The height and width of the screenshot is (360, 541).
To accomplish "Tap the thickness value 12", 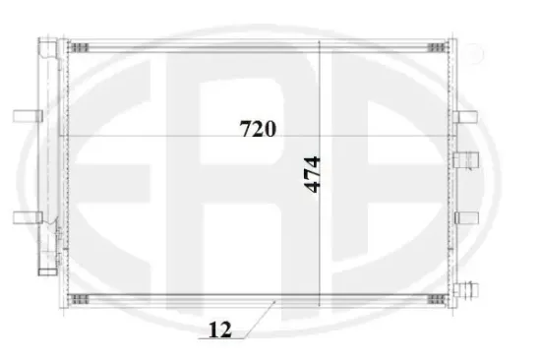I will point(221,330).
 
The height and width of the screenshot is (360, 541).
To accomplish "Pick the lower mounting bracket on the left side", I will point(25,218).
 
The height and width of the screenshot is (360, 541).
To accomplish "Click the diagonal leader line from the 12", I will point(258,319).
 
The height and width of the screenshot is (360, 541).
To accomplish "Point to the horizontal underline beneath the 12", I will point(221,340).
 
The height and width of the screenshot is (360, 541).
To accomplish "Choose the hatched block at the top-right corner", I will point(434,46).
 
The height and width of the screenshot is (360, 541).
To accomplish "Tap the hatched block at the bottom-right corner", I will point(434,296).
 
